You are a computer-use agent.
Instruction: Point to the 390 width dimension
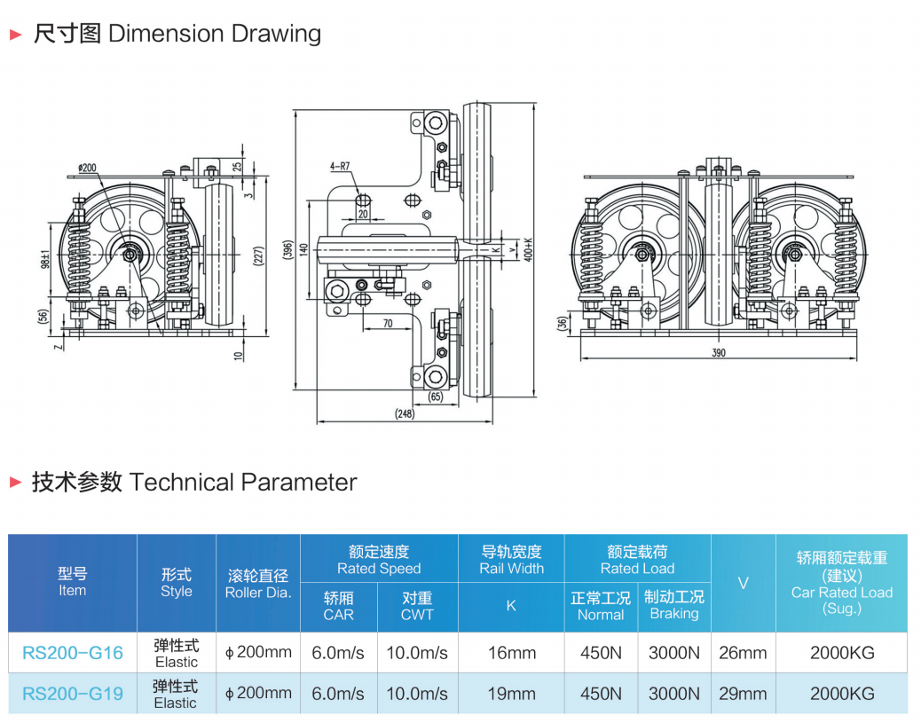(x=719, y=353)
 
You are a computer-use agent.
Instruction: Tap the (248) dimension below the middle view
(x=405, y=414)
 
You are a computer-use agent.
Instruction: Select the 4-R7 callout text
(x=341, y=166)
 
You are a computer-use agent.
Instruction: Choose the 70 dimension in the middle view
(x=387, y=324)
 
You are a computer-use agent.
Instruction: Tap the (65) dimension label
(x=436, y=397)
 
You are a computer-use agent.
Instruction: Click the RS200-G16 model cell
(x=73, y=653)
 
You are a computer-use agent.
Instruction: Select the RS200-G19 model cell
(x=73, y=694)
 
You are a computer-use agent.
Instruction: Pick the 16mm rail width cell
(x=511, y=653)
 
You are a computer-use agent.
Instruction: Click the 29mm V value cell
(x=743, y=694)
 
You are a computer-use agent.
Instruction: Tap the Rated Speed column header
(x=379, y=560)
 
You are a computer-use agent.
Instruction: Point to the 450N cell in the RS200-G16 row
(x=601, y=653)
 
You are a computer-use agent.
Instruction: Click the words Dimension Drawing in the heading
(x=214, y=35)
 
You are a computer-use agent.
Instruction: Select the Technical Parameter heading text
(x=242, y=483)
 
